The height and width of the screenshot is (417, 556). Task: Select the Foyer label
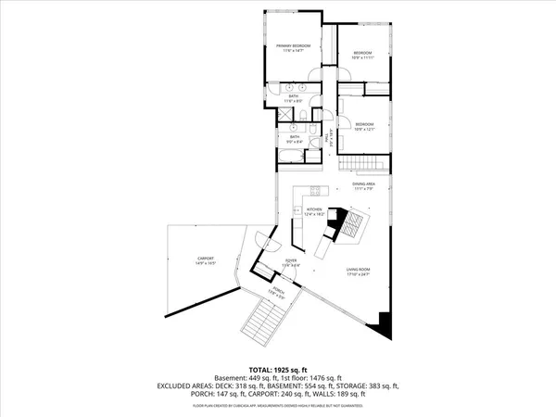tap(291, 263)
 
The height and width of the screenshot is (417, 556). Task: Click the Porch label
tap(277, 292)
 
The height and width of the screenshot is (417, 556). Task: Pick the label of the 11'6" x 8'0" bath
tap(293, 99)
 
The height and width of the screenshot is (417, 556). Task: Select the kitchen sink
tap(297, 212)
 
